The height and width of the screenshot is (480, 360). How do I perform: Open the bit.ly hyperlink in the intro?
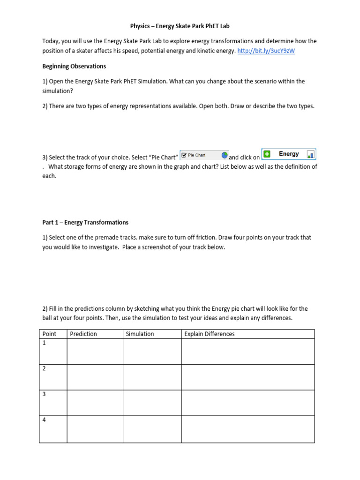[266, 51]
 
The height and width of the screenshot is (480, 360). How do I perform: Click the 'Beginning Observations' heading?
[74, 66]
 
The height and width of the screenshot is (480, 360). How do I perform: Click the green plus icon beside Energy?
[267, 154]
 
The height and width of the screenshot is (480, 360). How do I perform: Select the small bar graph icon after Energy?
[311, 154]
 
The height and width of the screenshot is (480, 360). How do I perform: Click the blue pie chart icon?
[225, 155]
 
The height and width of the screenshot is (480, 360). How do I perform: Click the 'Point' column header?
[49, 334]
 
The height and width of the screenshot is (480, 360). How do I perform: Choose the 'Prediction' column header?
[83, 334]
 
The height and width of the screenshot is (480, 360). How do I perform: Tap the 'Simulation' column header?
[140, 334]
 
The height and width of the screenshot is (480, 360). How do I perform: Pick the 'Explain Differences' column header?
[209, 334]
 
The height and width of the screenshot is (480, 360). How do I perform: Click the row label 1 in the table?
[44, 343]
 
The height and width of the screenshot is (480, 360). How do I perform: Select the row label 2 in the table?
[44, 369]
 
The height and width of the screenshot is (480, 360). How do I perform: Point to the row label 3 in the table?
[44, 395]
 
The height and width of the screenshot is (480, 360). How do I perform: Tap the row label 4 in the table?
[44, 420]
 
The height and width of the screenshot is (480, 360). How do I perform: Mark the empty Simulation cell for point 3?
[152, 403]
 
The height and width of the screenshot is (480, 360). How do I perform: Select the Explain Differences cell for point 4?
[247, 429]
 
